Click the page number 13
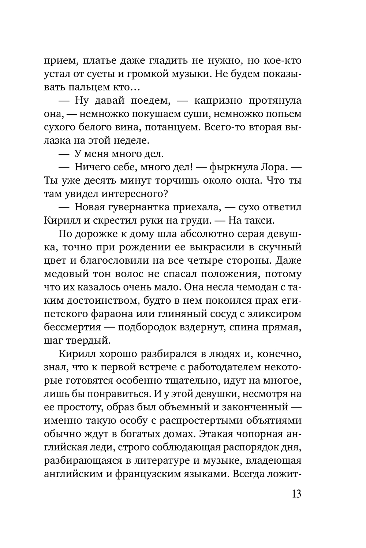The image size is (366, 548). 296,493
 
